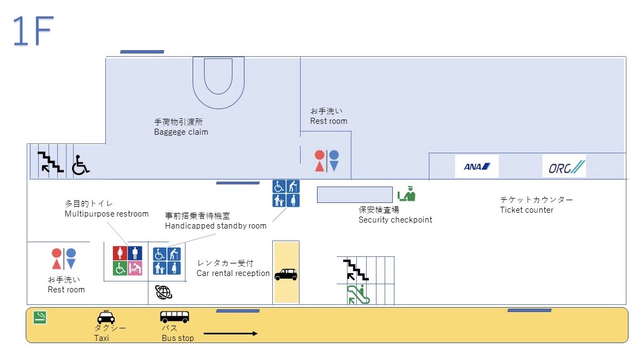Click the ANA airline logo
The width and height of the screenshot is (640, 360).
[477, 166]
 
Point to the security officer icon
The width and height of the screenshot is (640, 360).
[406, 194]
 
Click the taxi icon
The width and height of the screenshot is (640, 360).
[106, 317]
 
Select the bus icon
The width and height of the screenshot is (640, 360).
[175, 316]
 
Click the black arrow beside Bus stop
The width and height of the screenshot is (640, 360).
[230, 333]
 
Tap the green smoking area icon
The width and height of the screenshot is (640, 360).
[39, 317]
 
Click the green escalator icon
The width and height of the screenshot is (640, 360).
[358, 295]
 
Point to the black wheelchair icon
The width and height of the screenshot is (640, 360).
[80, 165]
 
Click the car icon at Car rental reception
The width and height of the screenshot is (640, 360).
[286, 274]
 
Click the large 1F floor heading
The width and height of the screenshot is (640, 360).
[33, 32]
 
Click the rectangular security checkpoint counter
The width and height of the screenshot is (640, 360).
[355, 195]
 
